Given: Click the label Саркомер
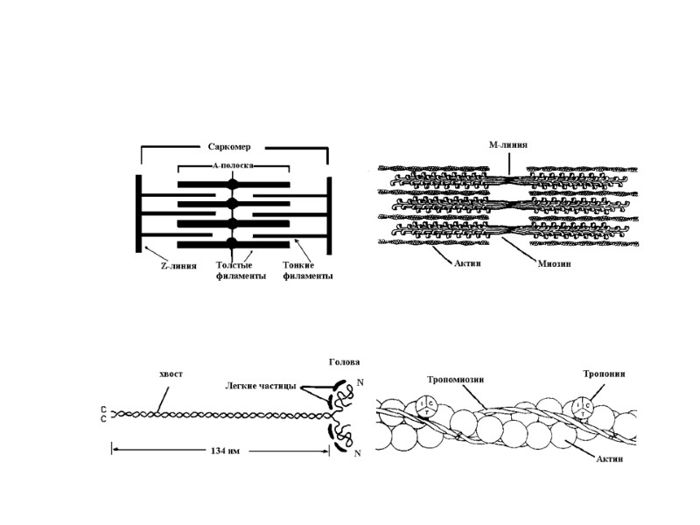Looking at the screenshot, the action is [231, 147].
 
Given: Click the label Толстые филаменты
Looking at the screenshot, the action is [240, 269].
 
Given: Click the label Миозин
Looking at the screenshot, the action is [554, 264].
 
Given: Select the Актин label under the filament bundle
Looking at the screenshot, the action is [446, 264].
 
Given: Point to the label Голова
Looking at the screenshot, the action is [344, 360].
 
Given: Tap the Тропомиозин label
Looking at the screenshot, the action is [456, 380].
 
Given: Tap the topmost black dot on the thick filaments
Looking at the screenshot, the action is [232, 185].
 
